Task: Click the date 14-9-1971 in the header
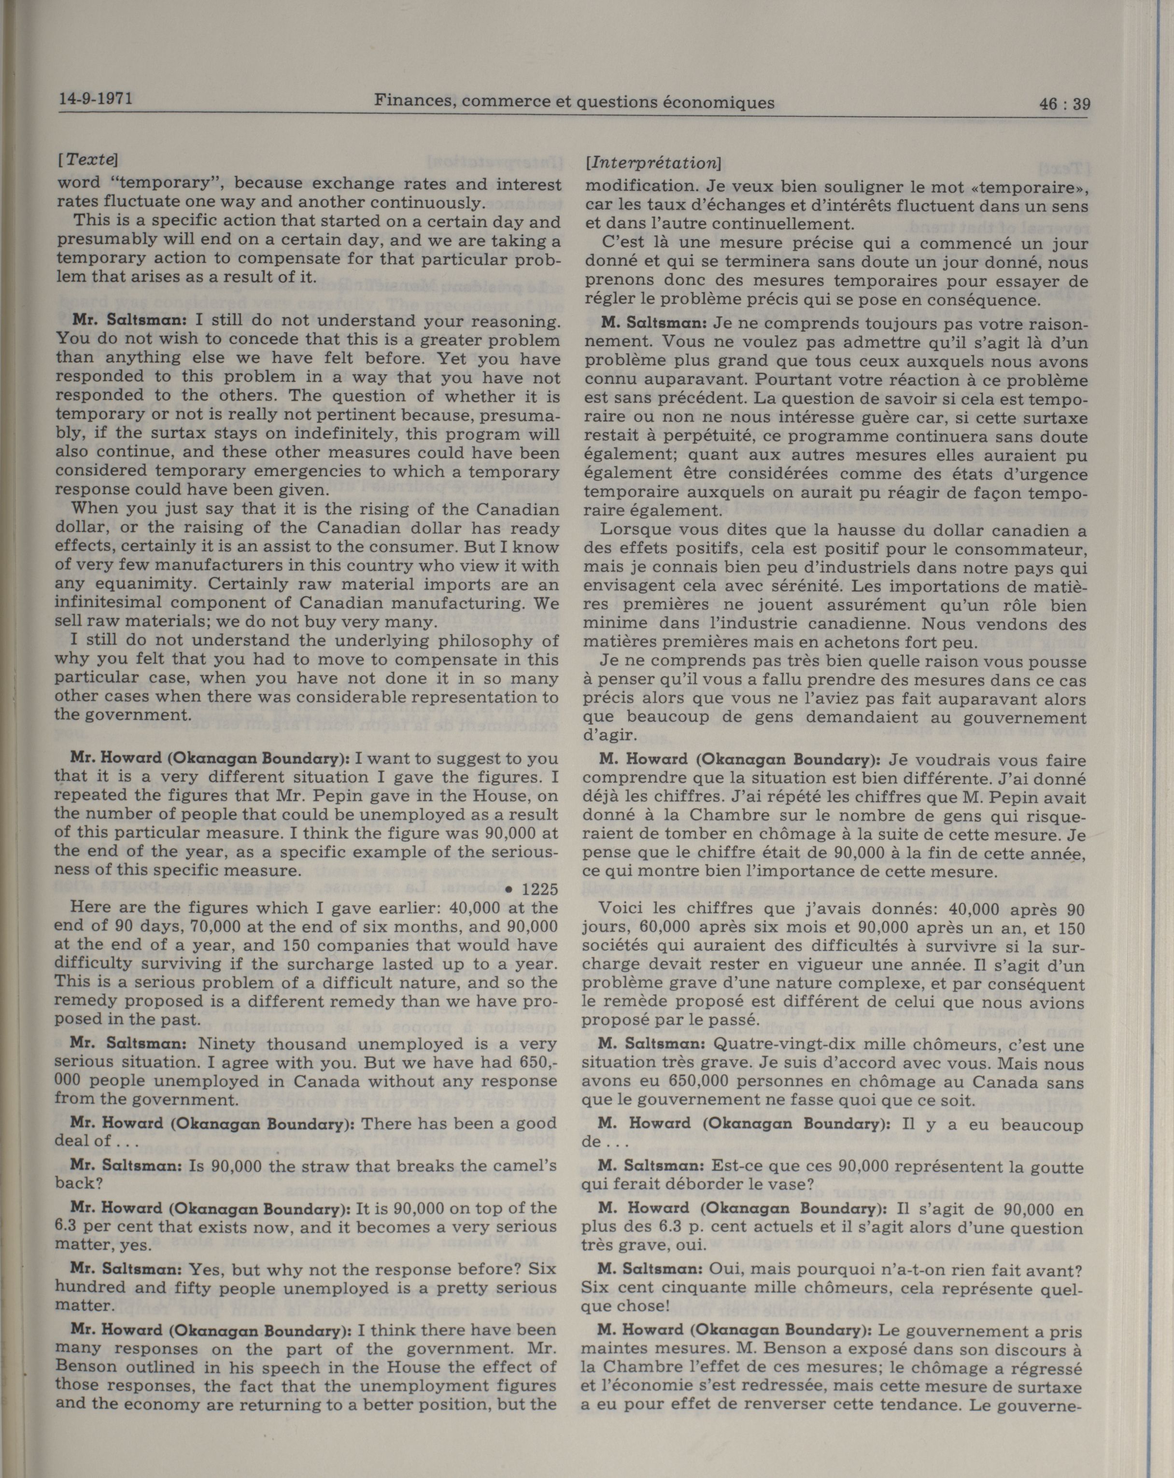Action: click(96, 98)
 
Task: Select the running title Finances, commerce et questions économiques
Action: click(574, 102)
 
